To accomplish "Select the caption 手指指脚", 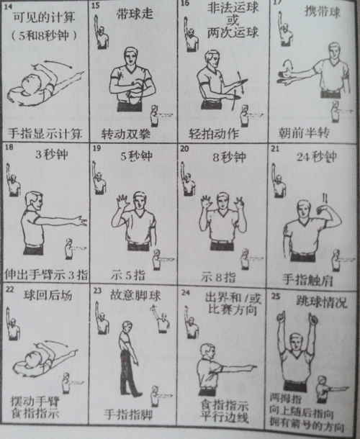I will [132, 415].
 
